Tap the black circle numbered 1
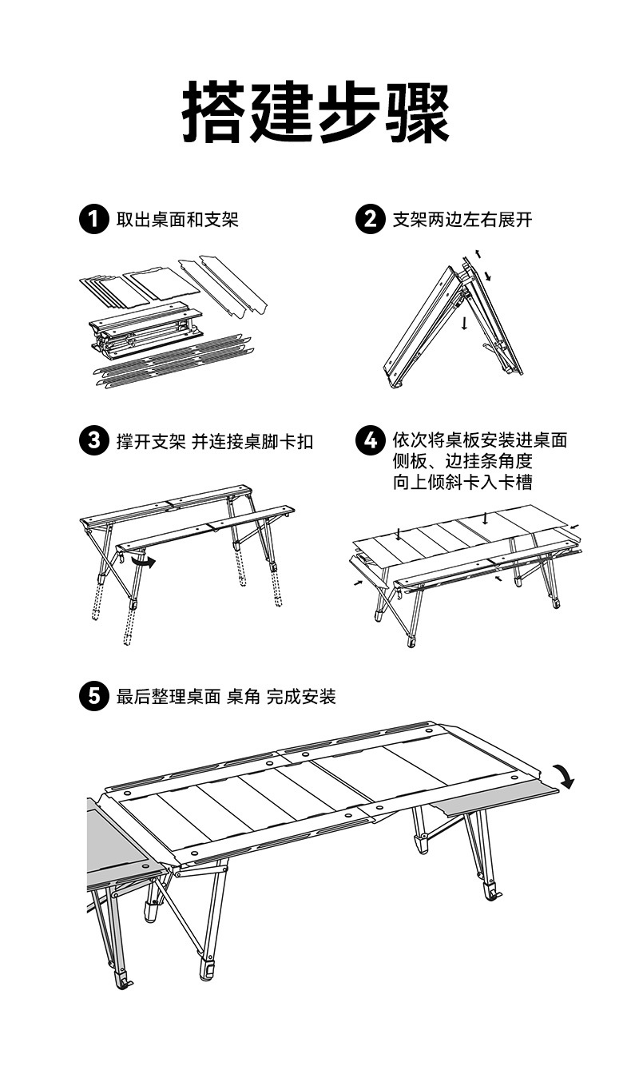point(93,219)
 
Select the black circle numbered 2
point(369,219)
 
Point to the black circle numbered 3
point(93,440)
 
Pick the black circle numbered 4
point(369,440)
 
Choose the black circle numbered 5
point(93,697)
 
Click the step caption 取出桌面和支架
point(177,219)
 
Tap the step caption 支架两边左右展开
point(462,219)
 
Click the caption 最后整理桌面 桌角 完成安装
point(226,697)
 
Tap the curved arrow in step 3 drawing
point(143,563)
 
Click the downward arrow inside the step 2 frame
point(463,322)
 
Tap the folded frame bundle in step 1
point(144,330)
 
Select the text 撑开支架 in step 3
point(151,441)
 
